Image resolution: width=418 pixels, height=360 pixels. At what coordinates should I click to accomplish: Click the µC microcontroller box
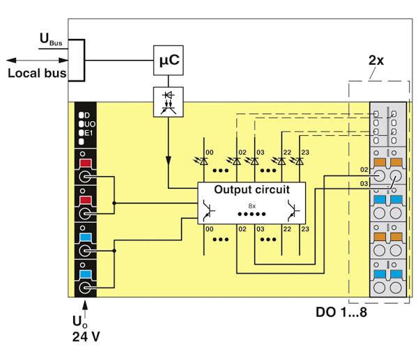(x=169, y=60)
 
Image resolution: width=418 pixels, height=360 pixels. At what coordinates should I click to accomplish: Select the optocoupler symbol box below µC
(x=169, y=101)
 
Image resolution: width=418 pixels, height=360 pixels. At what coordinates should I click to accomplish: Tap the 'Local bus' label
(x=37, y=72)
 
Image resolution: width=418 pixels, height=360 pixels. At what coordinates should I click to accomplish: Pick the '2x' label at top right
(x=376, y=60)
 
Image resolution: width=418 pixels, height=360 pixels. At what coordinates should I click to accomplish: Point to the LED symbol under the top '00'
(x=203, y=161)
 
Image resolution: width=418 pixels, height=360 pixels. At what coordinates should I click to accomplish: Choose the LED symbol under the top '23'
(x=299, y=161)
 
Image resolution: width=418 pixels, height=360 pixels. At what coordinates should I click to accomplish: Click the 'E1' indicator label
(x=88, y=132)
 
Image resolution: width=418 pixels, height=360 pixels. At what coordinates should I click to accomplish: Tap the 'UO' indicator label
(x=89, y=123)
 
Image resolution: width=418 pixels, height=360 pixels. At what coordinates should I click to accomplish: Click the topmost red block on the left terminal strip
(x=86, y=165)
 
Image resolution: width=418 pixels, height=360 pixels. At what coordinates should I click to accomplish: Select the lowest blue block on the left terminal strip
(x=86, y=272)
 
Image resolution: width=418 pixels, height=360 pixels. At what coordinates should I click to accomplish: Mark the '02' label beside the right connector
(x=364, y=169)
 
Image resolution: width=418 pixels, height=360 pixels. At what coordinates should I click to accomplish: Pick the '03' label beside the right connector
(x=364, y=183)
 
